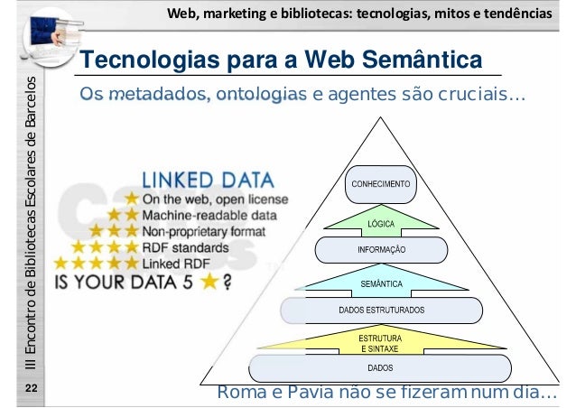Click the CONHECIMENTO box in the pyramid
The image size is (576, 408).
pyautogui.click(x=379, y=182)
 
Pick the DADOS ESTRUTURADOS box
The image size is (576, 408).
pyautogui.click(x=381, y=310)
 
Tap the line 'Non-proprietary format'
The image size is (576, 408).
pyautogui.click(x=219, y=230)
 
